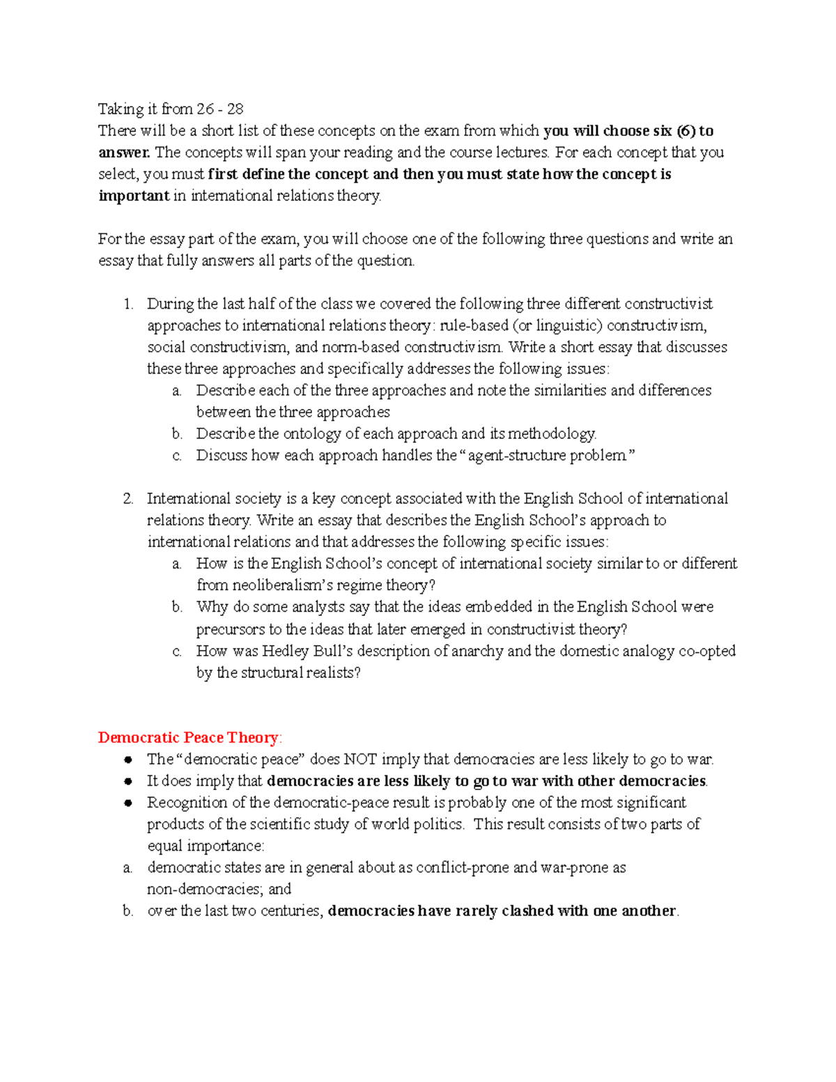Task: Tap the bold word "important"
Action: (134, 196)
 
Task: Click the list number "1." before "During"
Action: (127, 304)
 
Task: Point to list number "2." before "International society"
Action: (127, 499)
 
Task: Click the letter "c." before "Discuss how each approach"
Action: (177, 456)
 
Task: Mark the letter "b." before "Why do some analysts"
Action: (177, 607)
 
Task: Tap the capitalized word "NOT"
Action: (361, 759)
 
